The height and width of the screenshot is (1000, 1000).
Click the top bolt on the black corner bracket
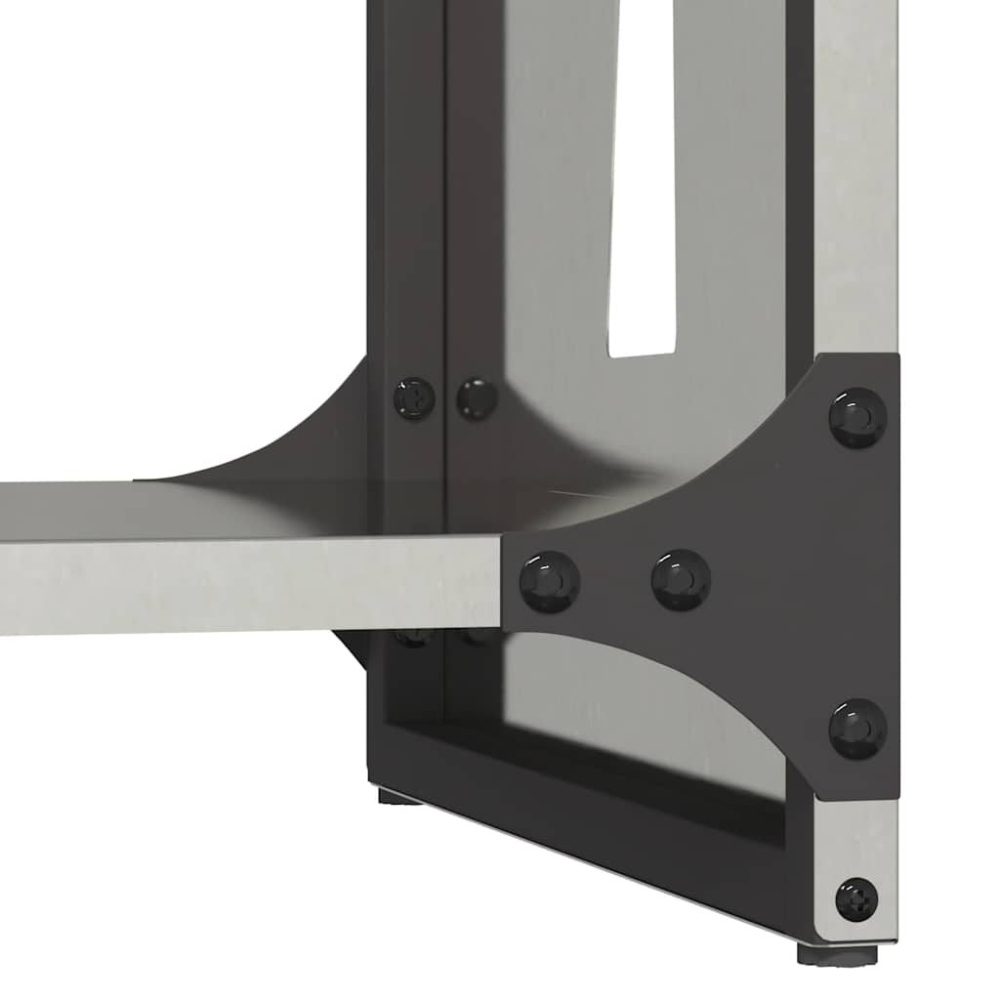pyautogui.click(x=857, y=417)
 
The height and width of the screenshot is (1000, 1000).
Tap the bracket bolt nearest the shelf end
pyautogui.click(x=549, y=581)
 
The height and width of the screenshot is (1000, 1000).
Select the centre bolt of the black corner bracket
pyautogui.click(x=681, y=579)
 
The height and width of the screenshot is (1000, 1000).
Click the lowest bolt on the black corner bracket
pyautogui.click(x=857, y=728)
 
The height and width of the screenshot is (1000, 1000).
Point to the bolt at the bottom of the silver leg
pyautogui.click(x=856, y=898)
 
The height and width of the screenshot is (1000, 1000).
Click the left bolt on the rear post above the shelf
pyautogui.click(x=414, y=398)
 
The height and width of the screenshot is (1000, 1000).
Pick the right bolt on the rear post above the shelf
pyautogui.click(x=477, y=398)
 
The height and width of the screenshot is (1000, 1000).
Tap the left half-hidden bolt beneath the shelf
pyautogui.click(x=415, y=638)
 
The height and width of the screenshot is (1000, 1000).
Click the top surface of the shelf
pyautogui.click(x=244, y=508)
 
